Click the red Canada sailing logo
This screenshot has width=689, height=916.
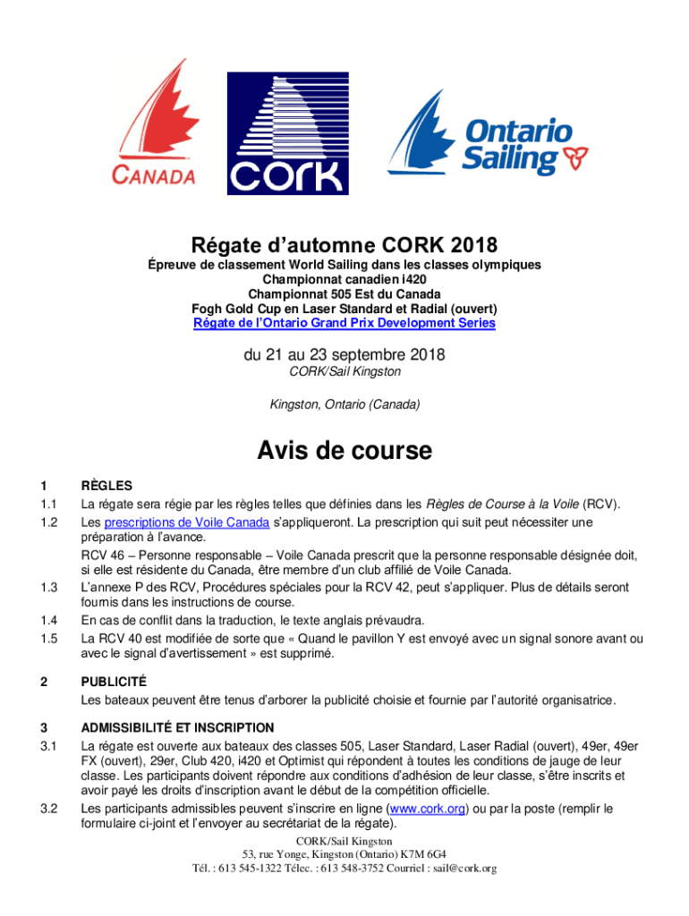coord(153,125)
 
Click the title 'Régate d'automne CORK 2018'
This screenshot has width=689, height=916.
coord(344,245)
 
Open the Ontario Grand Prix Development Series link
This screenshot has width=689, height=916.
coord(344,322)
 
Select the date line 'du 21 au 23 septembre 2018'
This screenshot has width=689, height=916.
coord(344,355)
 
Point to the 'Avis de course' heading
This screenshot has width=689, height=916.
coord(344,450)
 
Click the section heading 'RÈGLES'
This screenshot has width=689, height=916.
coord(106,486)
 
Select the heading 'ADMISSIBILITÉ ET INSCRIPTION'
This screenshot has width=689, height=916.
coord(177,727)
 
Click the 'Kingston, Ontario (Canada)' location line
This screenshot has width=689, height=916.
coord(344,405)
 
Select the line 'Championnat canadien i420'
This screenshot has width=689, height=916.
coord(344,279)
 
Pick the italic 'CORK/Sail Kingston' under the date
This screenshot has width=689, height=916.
coord(344,371)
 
